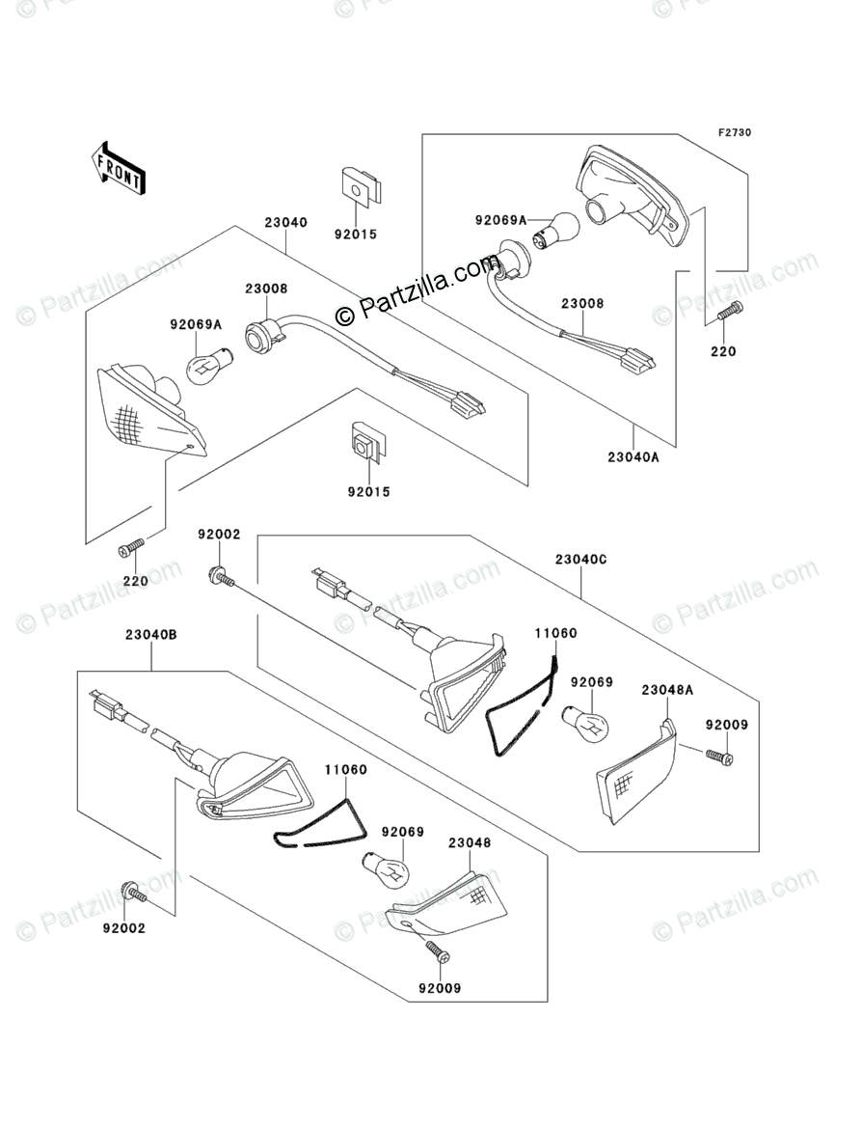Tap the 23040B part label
pyautogui.click(x=150, y=634)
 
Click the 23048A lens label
pyautogui.click(x=667, y=690)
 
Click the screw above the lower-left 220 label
pyautogui.click(x=130, y=549)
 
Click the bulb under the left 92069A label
pyautogui.click(x=205, y=368)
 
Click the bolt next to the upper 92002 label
pyautogui.click(x=221, y=577)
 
